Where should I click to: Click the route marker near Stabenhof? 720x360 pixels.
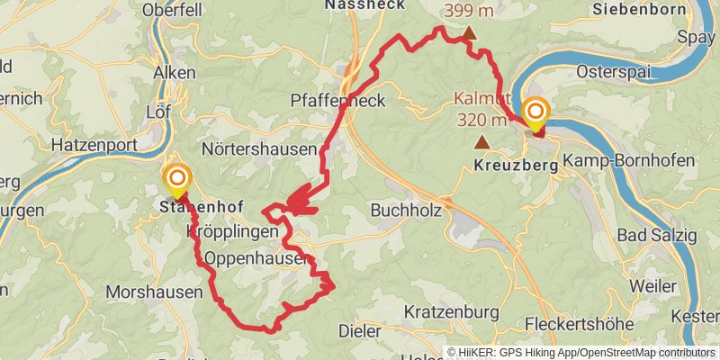point(176,178)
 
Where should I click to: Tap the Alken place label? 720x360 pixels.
point(175,72)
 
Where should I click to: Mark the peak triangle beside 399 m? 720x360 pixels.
point(469,34)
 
